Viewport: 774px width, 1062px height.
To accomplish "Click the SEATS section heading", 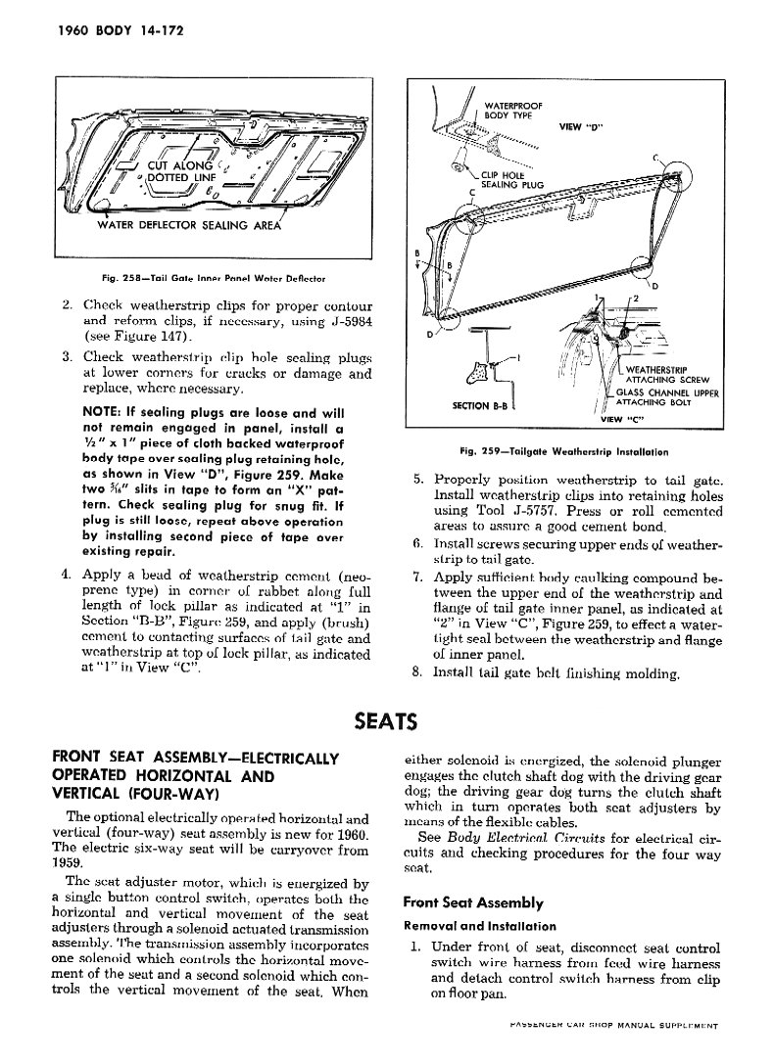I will (x=386, y=722).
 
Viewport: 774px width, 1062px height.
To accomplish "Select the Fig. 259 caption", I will (x=563, y=452).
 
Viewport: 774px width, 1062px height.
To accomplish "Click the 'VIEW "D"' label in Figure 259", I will (x=580, y=125).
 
